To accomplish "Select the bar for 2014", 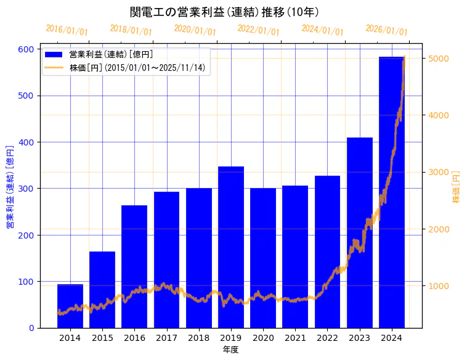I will (70, 306).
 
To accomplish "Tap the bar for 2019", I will (231, 247).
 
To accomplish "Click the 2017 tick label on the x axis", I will (166, 337).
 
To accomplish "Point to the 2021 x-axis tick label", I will (295, 337).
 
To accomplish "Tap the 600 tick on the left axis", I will (26, 49).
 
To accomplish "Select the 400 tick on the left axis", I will (26, 142).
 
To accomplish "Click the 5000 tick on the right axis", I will (436, 59).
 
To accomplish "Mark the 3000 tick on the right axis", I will (436, 172).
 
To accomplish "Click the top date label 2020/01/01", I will (195, 30).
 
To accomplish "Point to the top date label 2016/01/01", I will (67, 30).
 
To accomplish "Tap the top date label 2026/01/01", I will (386, 30).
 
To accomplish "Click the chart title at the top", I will (225, 12).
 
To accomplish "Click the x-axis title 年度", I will (231, 350).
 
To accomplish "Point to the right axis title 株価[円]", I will (457, 187).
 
